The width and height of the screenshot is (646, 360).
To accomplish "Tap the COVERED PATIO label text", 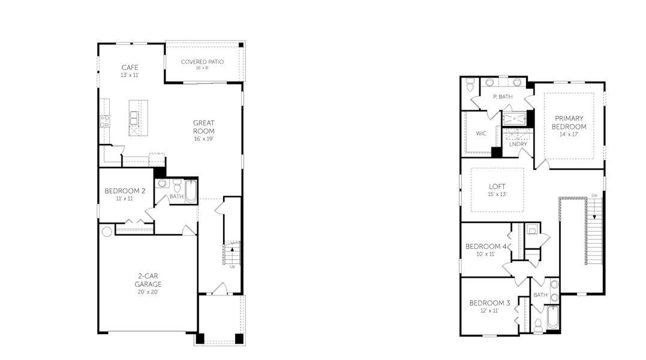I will [x=202, y=62].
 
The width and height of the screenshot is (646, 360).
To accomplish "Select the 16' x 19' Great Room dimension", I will [x=203, y=139].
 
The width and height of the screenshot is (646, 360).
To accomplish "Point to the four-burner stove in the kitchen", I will [x=104, y=121].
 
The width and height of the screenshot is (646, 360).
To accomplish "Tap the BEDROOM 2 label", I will [x=125, y=191].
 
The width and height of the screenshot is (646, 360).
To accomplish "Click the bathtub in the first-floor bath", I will [x=190, y=191].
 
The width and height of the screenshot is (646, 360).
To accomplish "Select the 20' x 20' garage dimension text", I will [x=148, y=292].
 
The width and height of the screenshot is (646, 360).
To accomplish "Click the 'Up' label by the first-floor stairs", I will [x=232, y=266].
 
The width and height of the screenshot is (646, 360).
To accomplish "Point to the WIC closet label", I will [x=481, y=133].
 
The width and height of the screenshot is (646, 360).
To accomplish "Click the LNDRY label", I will [x=518, y=144].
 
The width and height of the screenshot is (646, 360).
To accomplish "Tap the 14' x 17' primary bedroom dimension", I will [x=569, y=135].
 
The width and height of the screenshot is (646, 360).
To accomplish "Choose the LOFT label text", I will [x=497, y=187].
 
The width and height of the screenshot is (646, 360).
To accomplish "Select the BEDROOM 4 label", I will [x=486, y=247].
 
